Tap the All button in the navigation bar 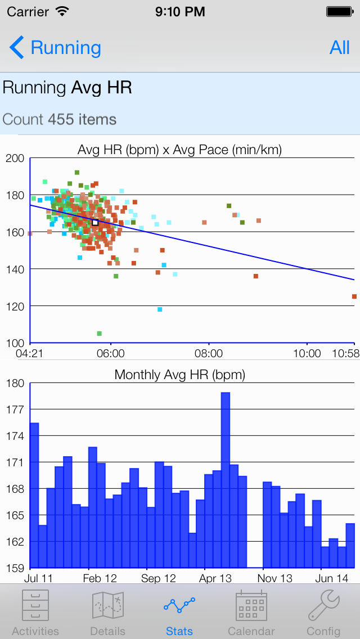point(339,48)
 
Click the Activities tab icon point(35,606)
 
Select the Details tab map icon point(107,606)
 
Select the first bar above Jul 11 point(34,495)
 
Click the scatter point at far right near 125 point(354,296)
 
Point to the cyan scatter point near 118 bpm point(160,309)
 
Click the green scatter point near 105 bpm point(100,334)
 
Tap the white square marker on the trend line point(95,223)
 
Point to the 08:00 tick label point(209,354)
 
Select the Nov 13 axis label point(275,578)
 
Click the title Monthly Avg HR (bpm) point(180,375)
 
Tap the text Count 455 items point(60,119)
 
